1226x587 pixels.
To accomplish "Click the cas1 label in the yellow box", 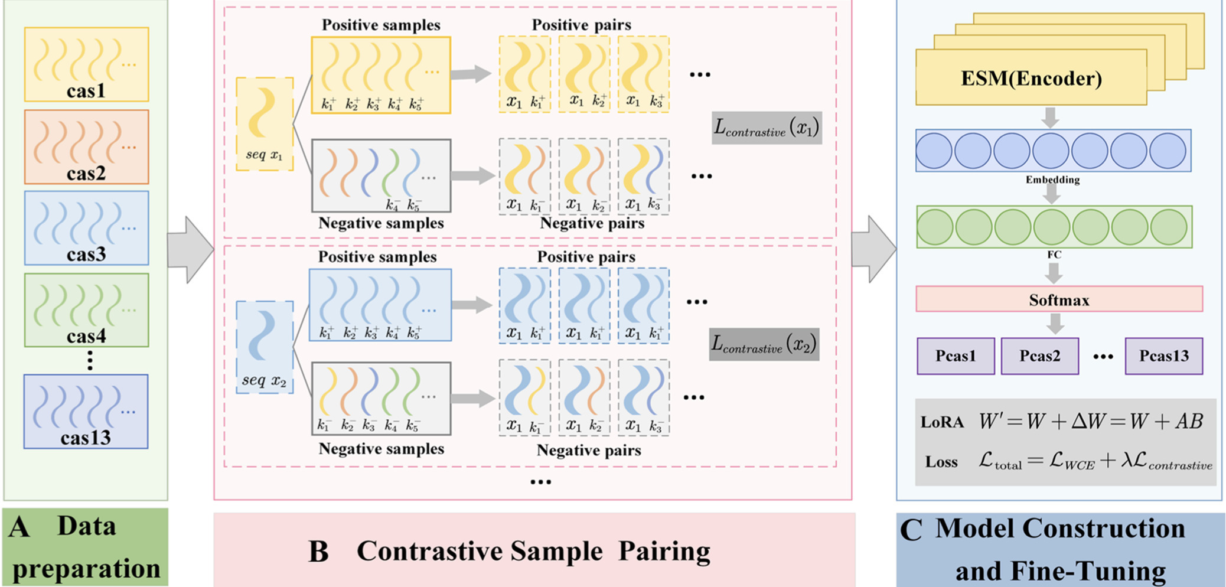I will pos(86,91).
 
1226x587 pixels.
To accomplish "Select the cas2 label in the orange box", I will pos(86,174).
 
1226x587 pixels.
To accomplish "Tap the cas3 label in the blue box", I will pos(86,255).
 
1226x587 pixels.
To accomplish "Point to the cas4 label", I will pos(86,336).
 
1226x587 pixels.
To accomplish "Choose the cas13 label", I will pos(86,438).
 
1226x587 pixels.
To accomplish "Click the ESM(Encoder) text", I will pos(1031,79).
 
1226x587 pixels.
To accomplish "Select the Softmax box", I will pos(1059,299).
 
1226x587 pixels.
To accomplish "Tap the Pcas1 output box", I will pos(956,356).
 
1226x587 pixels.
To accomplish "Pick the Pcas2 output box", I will pos(1039,356).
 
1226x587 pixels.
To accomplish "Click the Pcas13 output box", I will pos(1163,356).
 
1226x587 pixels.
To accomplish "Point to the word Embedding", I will pos(1052,180).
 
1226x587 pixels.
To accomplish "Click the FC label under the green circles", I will pos(1054,255).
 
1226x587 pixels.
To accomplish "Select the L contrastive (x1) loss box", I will pos(767,128).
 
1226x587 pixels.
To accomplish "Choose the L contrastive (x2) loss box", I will pos(764,344).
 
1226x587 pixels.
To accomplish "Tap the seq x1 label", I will pos(264,155).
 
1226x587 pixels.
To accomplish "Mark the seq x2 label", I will pos(264,381).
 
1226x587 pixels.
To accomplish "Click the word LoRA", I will pos(942,422).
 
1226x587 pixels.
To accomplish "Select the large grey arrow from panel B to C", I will pos(873,249).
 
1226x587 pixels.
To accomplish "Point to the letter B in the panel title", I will pos(318,552).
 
